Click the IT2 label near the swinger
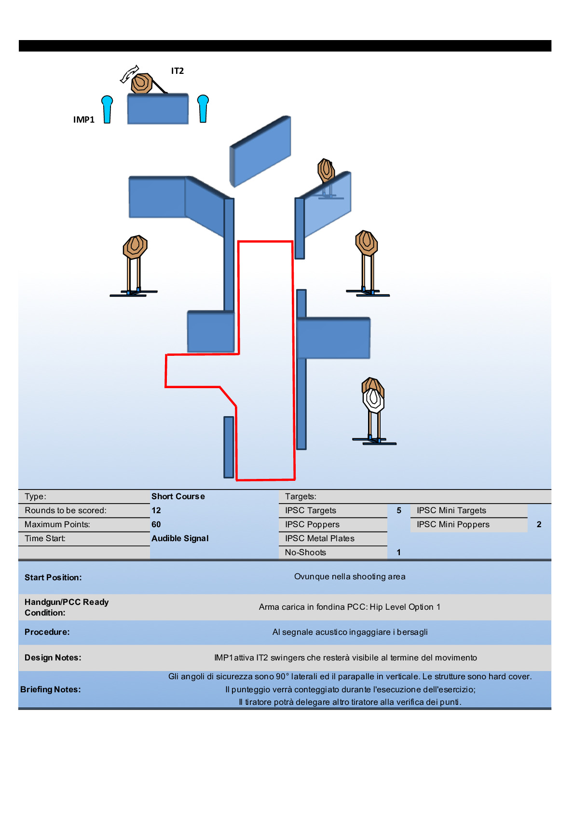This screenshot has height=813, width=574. (x=178, y=71)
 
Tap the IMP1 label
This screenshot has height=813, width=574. (x=84, y=120)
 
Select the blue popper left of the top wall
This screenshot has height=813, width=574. (x=107, y=109)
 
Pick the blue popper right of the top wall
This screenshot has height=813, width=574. (x=203, y=108)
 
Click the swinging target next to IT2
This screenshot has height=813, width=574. (x=142, y=83)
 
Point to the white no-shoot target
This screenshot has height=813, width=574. (x=373, y=400)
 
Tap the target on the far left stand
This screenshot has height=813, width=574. (x=135, y=247)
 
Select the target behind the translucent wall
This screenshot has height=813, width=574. (x=327, y=170)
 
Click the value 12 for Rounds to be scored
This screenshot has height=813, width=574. (x=156, y=510)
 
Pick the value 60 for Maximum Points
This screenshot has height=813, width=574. (x=156, y=524)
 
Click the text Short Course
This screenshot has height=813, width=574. (x=178, y=496)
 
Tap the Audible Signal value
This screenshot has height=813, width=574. (x=180, y=538)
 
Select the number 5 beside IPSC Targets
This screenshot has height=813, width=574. (x=399, y=510)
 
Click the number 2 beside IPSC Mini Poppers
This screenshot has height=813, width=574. (x=539, y=524)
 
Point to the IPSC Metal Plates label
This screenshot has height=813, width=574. (x=319, y=538)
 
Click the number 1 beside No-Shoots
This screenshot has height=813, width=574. (x=399, y=552)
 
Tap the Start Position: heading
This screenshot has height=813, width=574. (x=53, y=577)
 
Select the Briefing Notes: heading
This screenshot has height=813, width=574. (x=51, y=689)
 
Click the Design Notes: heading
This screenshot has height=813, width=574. (x=53, y=658)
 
